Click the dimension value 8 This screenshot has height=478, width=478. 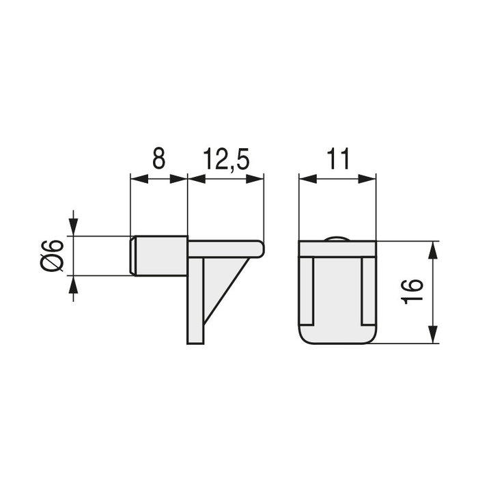pyautogui.click(x=158, y=159)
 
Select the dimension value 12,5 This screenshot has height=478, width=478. pyautogui.click(x=226, y=159)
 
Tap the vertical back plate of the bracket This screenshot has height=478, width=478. pyautogui.click(x=196, y=300)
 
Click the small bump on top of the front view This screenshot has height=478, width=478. pyautogui.click(x=338, y=238)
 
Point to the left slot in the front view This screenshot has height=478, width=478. pyautogui.click(x=307, y=290)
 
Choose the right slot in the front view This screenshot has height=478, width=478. pyautogui.click(x=367, y=290)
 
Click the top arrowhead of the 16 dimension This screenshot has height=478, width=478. pyautogui.click(x=432, y=249)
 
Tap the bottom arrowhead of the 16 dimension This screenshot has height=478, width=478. pyautogui.click(x=432, y=335)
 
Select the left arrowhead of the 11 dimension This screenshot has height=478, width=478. pyautogui.click(x=307, y=180)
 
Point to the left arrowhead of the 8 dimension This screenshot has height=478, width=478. pyautogui.click(x=136, y=180)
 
